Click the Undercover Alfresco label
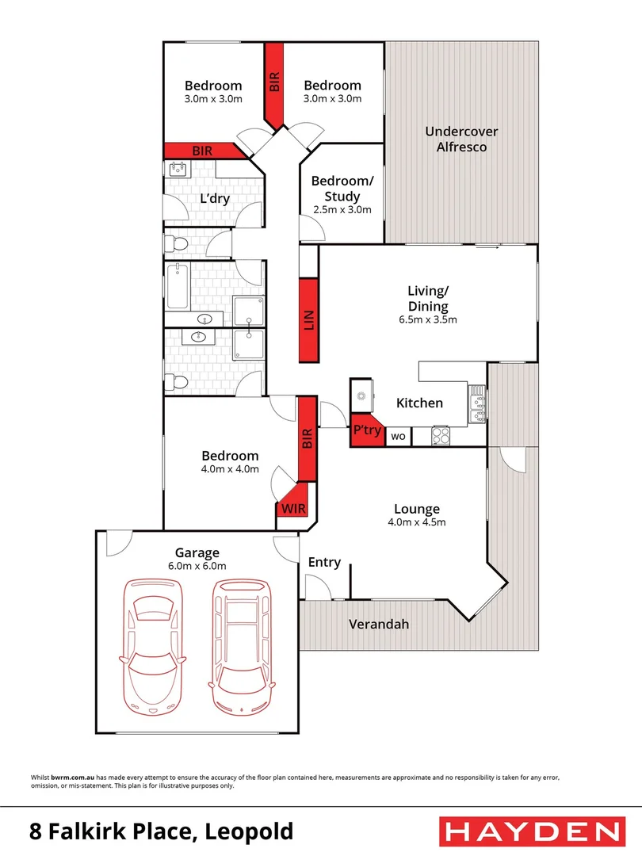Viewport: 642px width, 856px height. coord(461,139)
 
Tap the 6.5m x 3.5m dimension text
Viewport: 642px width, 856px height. coord(428,320)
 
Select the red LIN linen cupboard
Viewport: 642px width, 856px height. coord(308,320)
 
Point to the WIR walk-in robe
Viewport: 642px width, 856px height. coord(295,505)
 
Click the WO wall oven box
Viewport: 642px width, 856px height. coord(399,436)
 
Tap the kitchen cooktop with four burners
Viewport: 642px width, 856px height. coord(441,436)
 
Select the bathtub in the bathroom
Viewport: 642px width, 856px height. coord(178,286)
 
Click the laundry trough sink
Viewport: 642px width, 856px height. coord(178,170)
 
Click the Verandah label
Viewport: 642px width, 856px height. coord(379,624)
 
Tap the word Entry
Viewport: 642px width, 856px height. coord(324,563)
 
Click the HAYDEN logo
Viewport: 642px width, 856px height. coord(532,831)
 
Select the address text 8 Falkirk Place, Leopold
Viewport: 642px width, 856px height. coord(162,831)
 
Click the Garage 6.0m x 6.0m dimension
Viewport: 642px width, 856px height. coord(197,566)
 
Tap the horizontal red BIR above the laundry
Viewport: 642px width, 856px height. coord(204,151)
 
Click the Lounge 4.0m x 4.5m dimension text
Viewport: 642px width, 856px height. coord(417,522)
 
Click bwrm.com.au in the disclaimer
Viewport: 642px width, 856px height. coord(73,778)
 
